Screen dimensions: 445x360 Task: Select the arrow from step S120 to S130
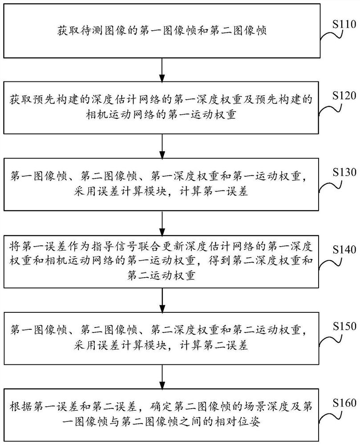(x=162, y=144)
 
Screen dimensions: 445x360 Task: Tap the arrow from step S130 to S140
(x=162, y=222)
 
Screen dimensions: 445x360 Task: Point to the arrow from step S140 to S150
(x=162, y=299)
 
